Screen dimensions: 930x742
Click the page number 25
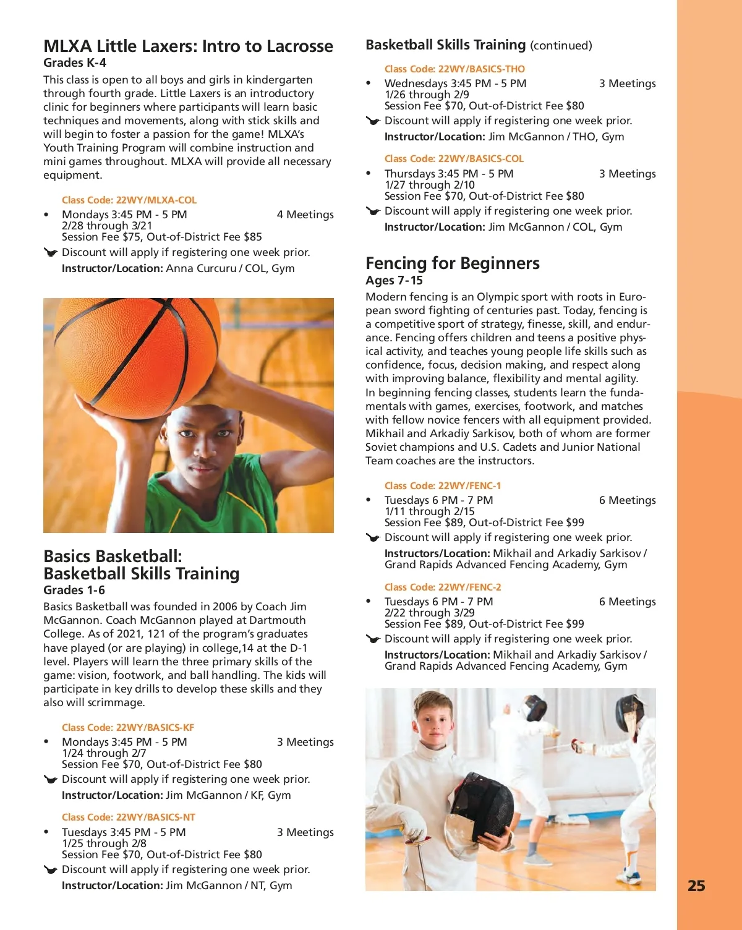coord(696,886)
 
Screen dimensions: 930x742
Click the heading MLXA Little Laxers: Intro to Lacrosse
coord(188,46)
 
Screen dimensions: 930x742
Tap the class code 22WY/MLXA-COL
coord(129,200)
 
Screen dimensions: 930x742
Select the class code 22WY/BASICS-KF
coord(128,728)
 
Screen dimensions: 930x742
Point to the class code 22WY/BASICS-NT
coord(129,817)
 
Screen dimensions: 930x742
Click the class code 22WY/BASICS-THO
coord(454,69)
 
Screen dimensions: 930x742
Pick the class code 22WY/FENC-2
coord(443,587)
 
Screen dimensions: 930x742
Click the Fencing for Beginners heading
coord(452,263)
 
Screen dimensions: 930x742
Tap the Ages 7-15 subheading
coord(394,281)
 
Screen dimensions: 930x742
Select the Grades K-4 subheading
coord(75,63)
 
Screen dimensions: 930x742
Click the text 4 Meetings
coord(305,215)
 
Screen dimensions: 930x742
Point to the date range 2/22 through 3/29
coord(430,613)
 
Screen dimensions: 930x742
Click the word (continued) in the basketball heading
coord(561,46)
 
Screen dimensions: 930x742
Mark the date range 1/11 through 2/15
coord(430,511)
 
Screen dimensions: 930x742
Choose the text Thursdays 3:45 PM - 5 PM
coord(449,174)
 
